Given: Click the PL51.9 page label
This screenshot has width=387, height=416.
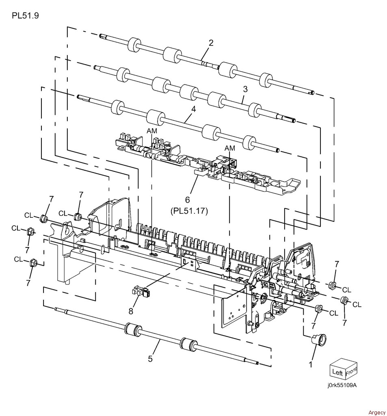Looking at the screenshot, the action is (26, 16).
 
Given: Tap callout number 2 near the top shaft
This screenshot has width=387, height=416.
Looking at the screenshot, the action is (211, 43).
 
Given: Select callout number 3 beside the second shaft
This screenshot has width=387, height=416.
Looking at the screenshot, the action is (245, 89).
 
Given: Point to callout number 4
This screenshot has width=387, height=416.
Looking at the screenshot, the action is (194, 109).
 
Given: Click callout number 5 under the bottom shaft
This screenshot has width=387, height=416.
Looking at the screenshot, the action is (150, 359).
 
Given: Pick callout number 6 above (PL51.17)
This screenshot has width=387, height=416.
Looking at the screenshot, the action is (188, 199).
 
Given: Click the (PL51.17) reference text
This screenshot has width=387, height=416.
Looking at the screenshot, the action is (188, 211).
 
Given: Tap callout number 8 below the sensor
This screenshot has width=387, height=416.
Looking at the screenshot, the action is (131, 311).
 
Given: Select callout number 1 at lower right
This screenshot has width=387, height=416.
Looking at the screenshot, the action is (310, 364).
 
